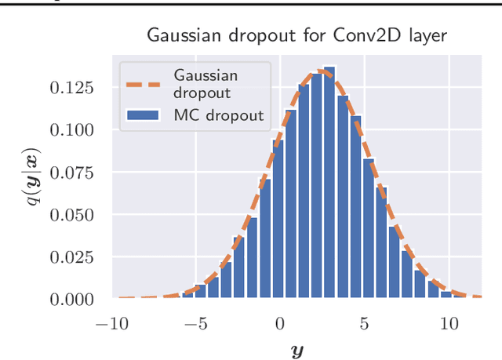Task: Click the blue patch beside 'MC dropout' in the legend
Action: (143, 116)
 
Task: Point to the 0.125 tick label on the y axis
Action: (72, 87)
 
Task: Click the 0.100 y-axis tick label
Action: (72, 129)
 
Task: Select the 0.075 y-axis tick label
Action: (72, 172)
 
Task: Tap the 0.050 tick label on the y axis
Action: (72, 214)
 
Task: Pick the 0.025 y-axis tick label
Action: (72, 256)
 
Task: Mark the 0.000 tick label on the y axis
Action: (72, 299)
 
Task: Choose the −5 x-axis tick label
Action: (195, 322)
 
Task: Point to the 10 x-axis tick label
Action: (449, 322)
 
